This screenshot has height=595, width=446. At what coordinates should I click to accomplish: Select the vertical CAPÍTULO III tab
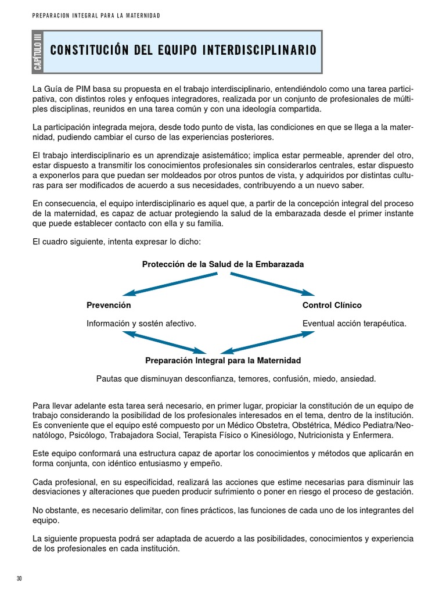click(38, 53)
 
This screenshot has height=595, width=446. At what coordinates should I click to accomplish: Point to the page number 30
click(19, 579)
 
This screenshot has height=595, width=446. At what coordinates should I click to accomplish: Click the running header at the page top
click(96, 16)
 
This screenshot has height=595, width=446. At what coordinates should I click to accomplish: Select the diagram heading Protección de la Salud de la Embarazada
click(223, 264)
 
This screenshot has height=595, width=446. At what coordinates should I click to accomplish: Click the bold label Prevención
click(109, 305)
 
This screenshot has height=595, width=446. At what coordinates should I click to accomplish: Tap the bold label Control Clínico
click(332, 305)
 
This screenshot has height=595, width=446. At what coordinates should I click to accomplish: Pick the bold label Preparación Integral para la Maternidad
click(223, 360)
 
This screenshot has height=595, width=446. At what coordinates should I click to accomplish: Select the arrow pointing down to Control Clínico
click(273, 284)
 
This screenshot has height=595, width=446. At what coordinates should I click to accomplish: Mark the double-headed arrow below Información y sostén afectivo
click(165, 342)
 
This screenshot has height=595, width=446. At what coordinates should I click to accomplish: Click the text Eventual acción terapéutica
click(354, 324)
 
